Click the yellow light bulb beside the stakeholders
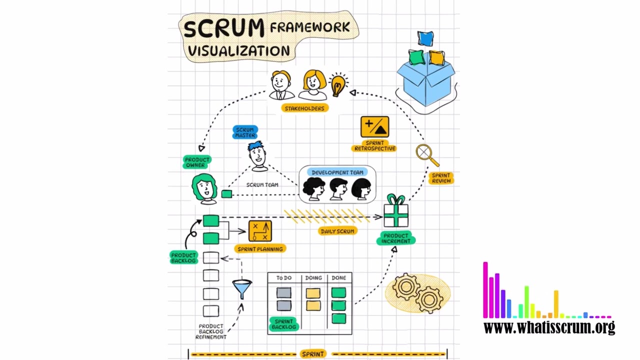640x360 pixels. (338, 84)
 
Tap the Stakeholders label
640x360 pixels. (304, 108)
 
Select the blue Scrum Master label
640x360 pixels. (245, 132)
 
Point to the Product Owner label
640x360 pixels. (197, 162)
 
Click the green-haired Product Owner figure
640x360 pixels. (204, 188)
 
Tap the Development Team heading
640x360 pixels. (337, 172)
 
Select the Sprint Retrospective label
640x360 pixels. (374, 145)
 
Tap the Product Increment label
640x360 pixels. (395, 238)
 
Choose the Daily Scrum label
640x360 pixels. (337, 231)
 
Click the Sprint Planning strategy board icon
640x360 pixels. (259, 231)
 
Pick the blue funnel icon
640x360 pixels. (242, 288)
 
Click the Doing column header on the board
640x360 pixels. (313, 278)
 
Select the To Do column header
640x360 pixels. (283, 278)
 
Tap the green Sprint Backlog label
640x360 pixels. (283, 324)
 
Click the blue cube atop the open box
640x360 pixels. (425, 38)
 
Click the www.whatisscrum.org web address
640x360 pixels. (549, 327)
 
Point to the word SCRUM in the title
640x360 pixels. (223, 29)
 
